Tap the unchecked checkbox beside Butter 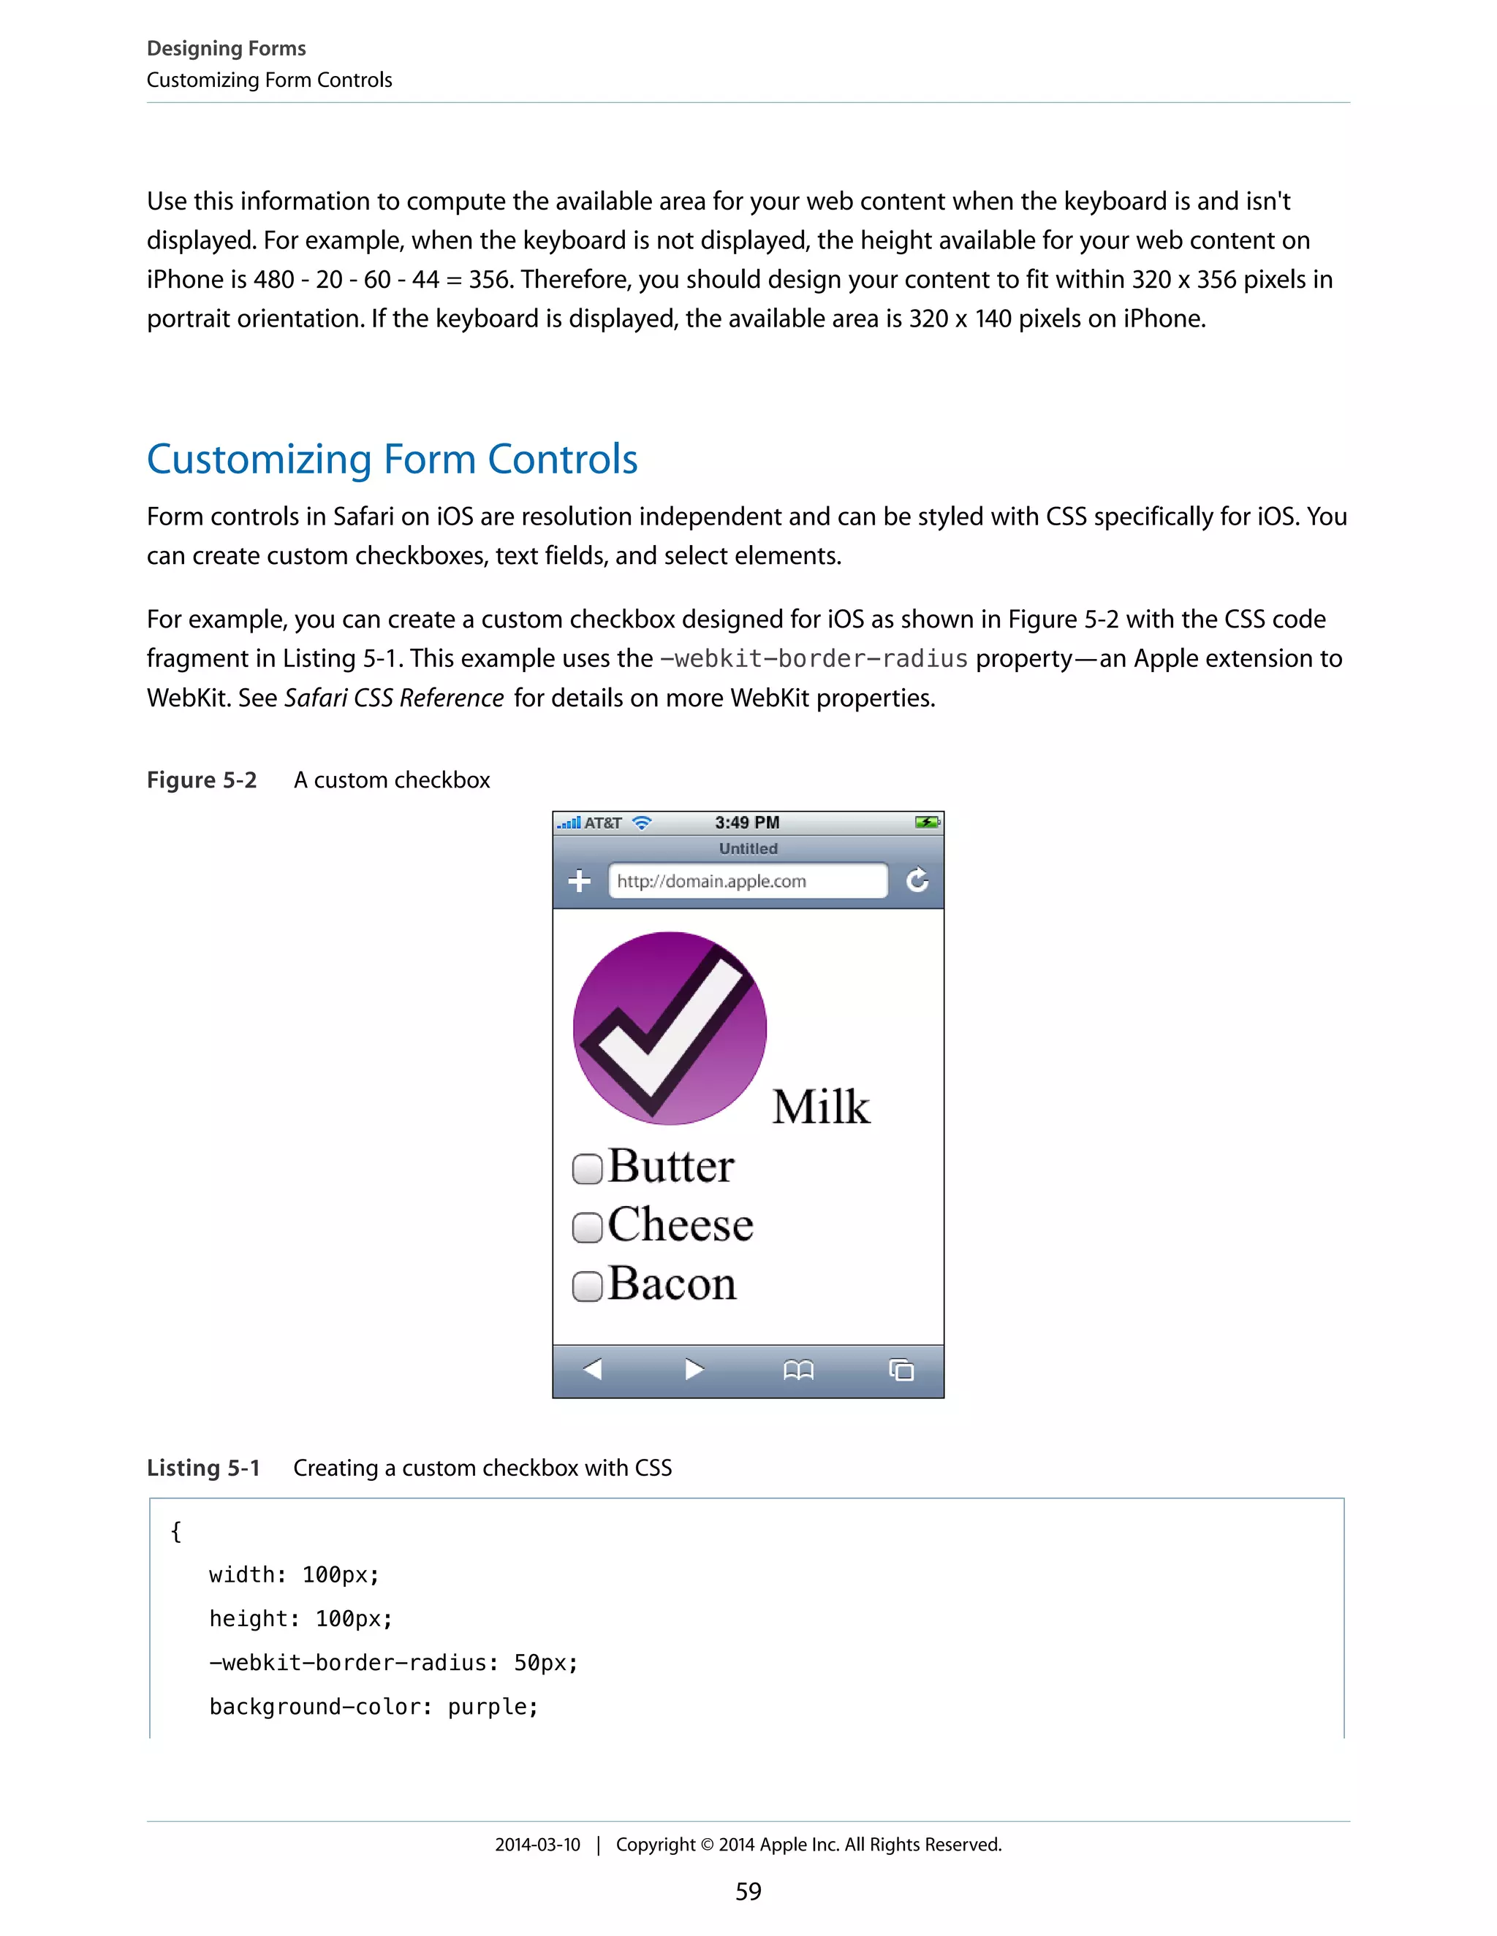(x=587, y=1168)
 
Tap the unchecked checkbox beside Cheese (x=587, y=1228)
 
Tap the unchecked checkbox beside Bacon (x=587, y=1287)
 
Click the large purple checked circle (x=670, y=1029)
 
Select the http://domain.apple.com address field (x=747, y=881)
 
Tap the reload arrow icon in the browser (x=917, y=880)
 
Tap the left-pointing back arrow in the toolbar (x=592, y=1370)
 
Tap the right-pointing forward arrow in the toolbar (x=694, y=1370)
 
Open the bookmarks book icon (x=798, y=1371)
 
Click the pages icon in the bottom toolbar (x=901, y=1371)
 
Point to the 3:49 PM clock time (x=747, y=823)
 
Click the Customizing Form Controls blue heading (x=392, y=460)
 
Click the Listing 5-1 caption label (x=203, y=1468)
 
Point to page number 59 (x=748, y=1891)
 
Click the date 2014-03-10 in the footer (x=537, y=1845)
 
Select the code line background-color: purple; (x=374, y=1707)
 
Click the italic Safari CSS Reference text (x=394, y=698)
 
